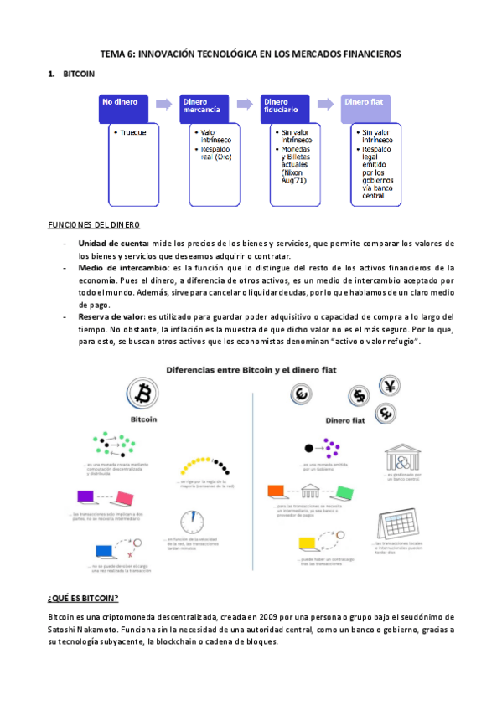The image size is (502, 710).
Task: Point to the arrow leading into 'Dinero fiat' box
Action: pyautogui.click(x=328, y=103)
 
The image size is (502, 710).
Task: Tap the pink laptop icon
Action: pyautogui.click(x=124, y=498)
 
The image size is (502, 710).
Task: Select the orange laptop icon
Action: pyautogui.click(x=277, y=491)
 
